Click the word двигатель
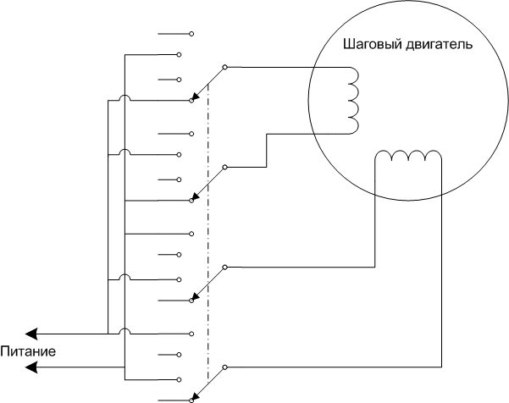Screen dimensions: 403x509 point(433,43)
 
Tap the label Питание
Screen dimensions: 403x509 point(28,351)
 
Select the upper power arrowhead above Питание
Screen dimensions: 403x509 point(31,334)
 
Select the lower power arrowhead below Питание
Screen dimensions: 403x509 point(31,367)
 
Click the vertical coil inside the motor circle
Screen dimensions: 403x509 point(352,100)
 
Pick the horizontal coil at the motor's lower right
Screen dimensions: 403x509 point(409,156)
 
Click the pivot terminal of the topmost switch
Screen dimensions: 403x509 point(224,66)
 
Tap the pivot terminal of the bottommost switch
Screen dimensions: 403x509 point(224,367)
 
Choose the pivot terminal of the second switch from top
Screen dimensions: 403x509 point(224,168)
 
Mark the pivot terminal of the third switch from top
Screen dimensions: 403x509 point(224,268)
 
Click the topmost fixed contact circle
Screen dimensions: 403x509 point(191,34)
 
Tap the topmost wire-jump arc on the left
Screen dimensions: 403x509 point(124,99)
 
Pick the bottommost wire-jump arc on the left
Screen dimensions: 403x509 point(124,330)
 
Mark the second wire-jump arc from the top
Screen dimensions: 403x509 point(124,152)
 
